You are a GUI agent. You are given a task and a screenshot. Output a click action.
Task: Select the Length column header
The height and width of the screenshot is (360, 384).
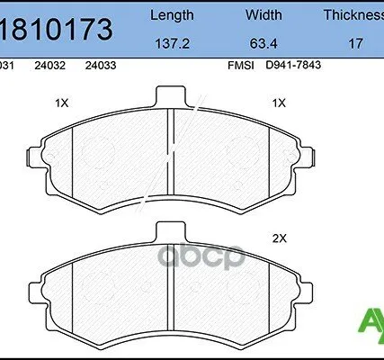pyautogui.click(x=171, y=15)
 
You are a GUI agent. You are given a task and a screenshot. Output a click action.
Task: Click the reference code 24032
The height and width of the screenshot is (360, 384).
pyautogui.click(x=48, y=66)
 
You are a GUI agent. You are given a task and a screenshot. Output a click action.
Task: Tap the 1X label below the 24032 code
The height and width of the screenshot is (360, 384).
pyautogui.click(x=62, y=103)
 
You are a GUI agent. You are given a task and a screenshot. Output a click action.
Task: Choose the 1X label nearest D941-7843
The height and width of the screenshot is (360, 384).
pyautogui.click(x=278, y=103)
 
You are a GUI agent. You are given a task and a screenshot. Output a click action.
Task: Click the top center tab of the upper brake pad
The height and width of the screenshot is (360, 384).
pyautogui.click(x=170, y=96)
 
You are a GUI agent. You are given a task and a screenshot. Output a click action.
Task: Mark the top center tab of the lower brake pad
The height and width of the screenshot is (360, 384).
pyautogui.click(x=170, y=233)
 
